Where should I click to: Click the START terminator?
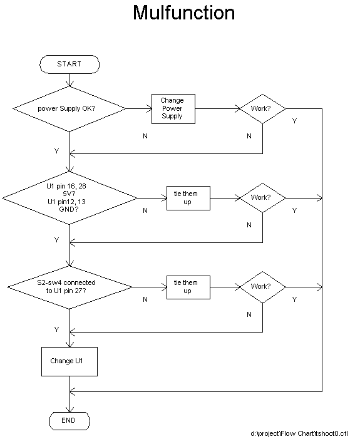[x=69, y=65]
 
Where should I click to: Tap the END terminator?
[x=69, y=421]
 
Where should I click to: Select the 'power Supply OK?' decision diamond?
[x=69, y=108]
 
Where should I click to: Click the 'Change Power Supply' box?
[x=173, y=109]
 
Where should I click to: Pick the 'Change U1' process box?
[x=69, y=361]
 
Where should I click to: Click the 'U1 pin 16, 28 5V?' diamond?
[x=69, y=198]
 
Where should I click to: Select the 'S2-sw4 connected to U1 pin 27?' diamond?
[x=69, y=287]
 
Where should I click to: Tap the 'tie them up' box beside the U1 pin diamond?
[x=188, y=198]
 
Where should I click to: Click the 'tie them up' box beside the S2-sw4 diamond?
[x=188, y=287]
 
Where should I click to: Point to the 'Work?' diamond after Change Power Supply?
[x=262, y=108]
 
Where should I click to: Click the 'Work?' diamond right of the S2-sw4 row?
[x=262, y=287]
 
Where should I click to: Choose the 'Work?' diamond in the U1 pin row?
[x=262, y=198]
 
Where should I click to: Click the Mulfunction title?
[x=183, y=13]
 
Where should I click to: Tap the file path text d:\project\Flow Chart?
[x=299, y=433]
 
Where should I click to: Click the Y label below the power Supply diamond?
[x=56, y=151]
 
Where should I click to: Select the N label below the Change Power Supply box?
[x=145, y=136]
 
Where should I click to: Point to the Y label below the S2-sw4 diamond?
[x=56, y=329]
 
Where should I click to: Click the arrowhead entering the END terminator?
[x=69, y=410]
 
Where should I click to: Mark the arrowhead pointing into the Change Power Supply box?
[x=149, y=108]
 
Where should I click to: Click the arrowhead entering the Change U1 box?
[x=69, y=344]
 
